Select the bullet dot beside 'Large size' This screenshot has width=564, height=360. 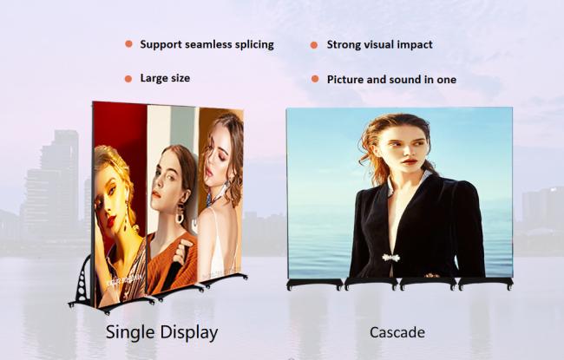click(x=128, y=79)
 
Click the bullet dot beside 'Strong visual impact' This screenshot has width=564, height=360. click(x=314, y=45)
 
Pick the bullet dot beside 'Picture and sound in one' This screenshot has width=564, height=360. click(x=315, y=79)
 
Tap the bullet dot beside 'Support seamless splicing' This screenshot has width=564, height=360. click(x=128, y=44)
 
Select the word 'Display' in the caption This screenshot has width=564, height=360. click(x=189, y=332)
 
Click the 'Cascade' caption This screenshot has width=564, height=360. click(x=397, y=332)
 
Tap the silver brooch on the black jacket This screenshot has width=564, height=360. click(x=391, y=258)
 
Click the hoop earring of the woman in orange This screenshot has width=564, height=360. click(x=179, y=217)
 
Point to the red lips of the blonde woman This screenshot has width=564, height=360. click(x=111, y=220)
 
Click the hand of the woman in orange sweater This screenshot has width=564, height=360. click(x=179, y=251)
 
